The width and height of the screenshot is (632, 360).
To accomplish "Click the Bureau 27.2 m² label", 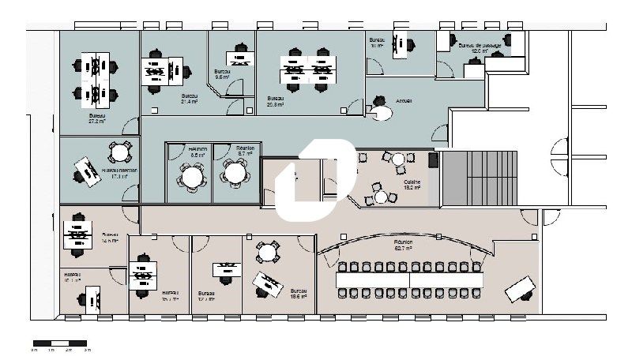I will pyautogui.click(x=98, y=119).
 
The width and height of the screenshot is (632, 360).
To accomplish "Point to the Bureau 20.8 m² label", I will pyautogui.click(x=276, y=101).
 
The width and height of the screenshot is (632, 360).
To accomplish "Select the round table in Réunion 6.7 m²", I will pyautogui.click(x=235, y=171).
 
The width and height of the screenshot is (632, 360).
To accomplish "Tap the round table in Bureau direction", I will pyautogui.click(x=119, y=152).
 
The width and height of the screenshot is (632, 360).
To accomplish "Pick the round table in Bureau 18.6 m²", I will pyautogui.click(x=269, y=253).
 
